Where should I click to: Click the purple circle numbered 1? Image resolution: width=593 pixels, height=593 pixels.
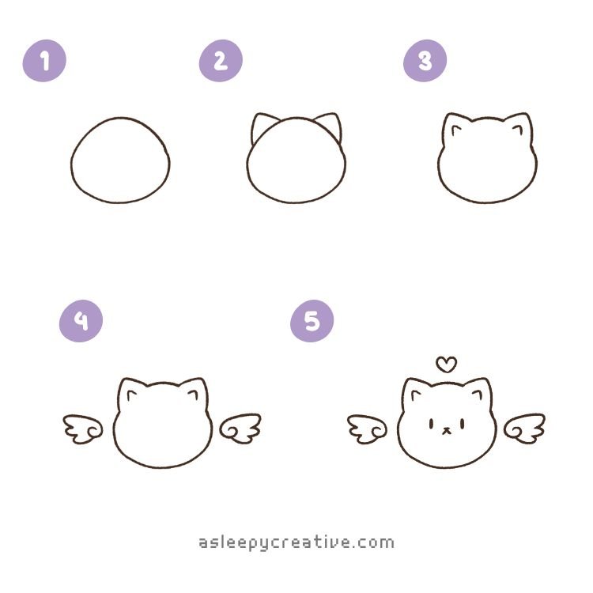[44, 61]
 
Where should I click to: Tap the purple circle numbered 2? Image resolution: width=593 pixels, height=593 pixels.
[221, 61]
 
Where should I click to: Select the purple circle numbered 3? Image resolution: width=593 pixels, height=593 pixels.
[425, 61]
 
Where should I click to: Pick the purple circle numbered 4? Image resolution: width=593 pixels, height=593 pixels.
[81, 321]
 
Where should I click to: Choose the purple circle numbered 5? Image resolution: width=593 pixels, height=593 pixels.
[312, 321]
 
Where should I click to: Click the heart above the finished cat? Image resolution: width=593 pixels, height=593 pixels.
[446, 364]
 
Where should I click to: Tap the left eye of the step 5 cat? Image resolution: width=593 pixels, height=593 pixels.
[431, 424]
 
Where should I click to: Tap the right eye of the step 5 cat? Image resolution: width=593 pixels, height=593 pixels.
[463, 424]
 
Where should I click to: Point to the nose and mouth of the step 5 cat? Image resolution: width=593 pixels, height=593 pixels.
[447, 430]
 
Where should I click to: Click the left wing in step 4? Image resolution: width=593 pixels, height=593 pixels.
[83, 429]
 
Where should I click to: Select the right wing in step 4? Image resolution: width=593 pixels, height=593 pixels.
[240, 429]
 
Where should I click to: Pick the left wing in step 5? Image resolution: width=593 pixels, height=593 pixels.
[367, 429]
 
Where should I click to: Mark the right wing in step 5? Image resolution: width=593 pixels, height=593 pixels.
[524, 429]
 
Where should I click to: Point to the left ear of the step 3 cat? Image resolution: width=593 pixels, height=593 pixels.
[455, 127]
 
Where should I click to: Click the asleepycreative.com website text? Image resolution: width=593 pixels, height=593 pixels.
[296, 542]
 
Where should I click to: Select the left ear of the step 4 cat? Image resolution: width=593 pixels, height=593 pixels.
[130, 391]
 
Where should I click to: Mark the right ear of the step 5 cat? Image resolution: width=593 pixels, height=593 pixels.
[478, 391]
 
